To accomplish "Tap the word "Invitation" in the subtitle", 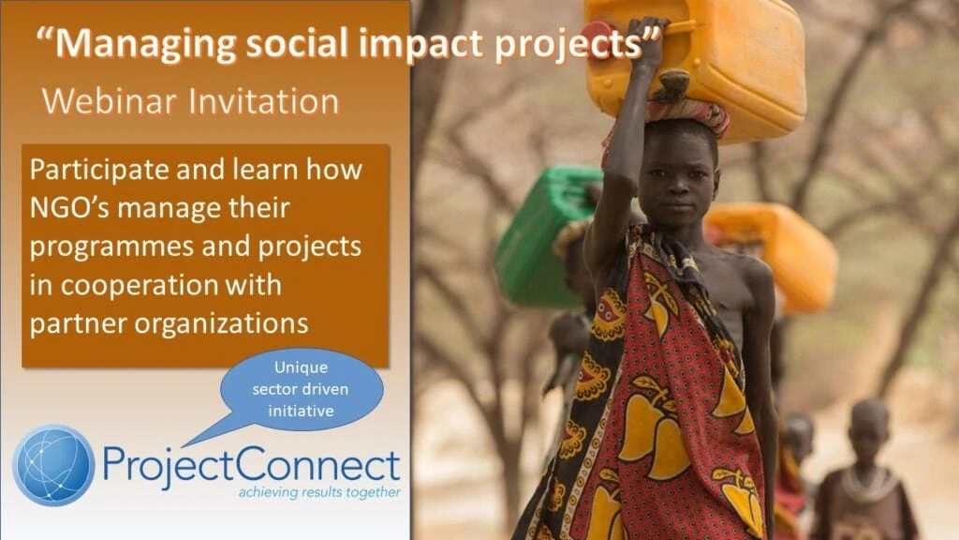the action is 263,101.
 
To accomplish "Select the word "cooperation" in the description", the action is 140,286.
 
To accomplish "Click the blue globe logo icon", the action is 53,465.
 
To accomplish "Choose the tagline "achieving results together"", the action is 319,492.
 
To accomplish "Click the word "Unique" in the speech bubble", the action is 301,367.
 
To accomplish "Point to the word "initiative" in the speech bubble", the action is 301,411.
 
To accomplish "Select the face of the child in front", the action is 677,175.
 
